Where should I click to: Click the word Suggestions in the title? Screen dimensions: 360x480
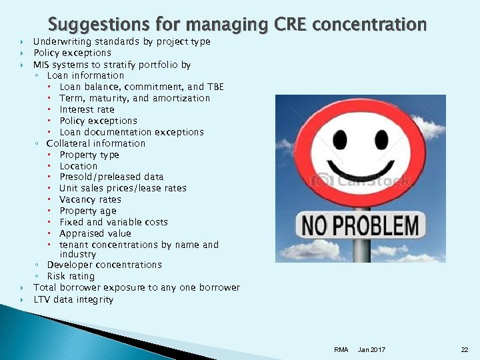(x=91, y=25)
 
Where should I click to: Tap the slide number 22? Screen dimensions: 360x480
(x=465, y=350)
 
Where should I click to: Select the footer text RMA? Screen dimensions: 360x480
(x=341, y=350)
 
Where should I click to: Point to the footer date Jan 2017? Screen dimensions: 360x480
(x=371, y=350)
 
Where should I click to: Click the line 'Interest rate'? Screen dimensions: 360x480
(x=87, y=109)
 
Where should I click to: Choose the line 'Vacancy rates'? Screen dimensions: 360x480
(x=90, y=199)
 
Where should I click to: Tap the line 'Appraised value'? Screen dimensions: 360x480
(x=95, y=233)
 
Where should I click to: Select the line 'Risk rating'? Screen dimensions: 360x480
(x=71, y=276)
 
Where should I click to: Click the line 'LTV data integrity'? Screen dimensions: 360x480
(x=73, y=299)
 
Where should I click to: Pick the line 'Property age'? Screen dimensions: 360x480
(x=87, y=211)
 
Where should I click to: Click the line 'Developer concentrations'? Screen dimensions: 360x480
(x=104, y=265)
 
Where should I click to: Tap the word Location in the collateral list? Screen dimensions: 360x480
(x=78, y=166)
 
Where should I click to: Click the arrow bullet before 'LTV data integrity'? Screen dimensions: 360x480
(x=22, y=299)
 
